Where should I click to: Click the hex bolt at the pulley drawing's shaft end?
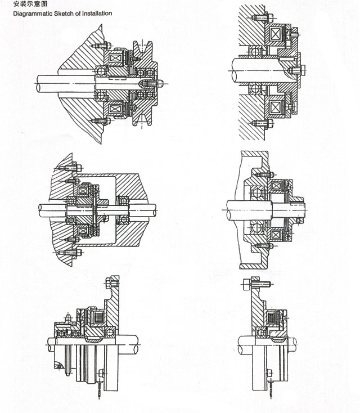point(159,83)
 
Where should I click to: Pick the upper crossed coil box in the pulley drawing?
point(118,58)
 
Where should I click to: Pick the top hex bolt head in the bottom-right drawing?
point(251,285)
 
